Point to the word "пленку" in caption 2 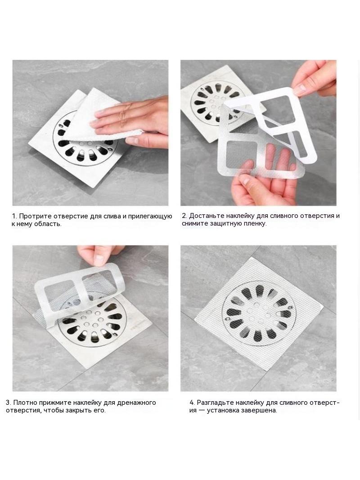pos(254,223)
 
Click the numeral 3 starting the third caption pos(8,403)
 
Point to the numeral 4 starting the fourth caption pos(191,403)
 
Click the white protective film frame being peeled pos(275,122)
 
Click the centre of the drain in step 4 pos(259,313)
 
